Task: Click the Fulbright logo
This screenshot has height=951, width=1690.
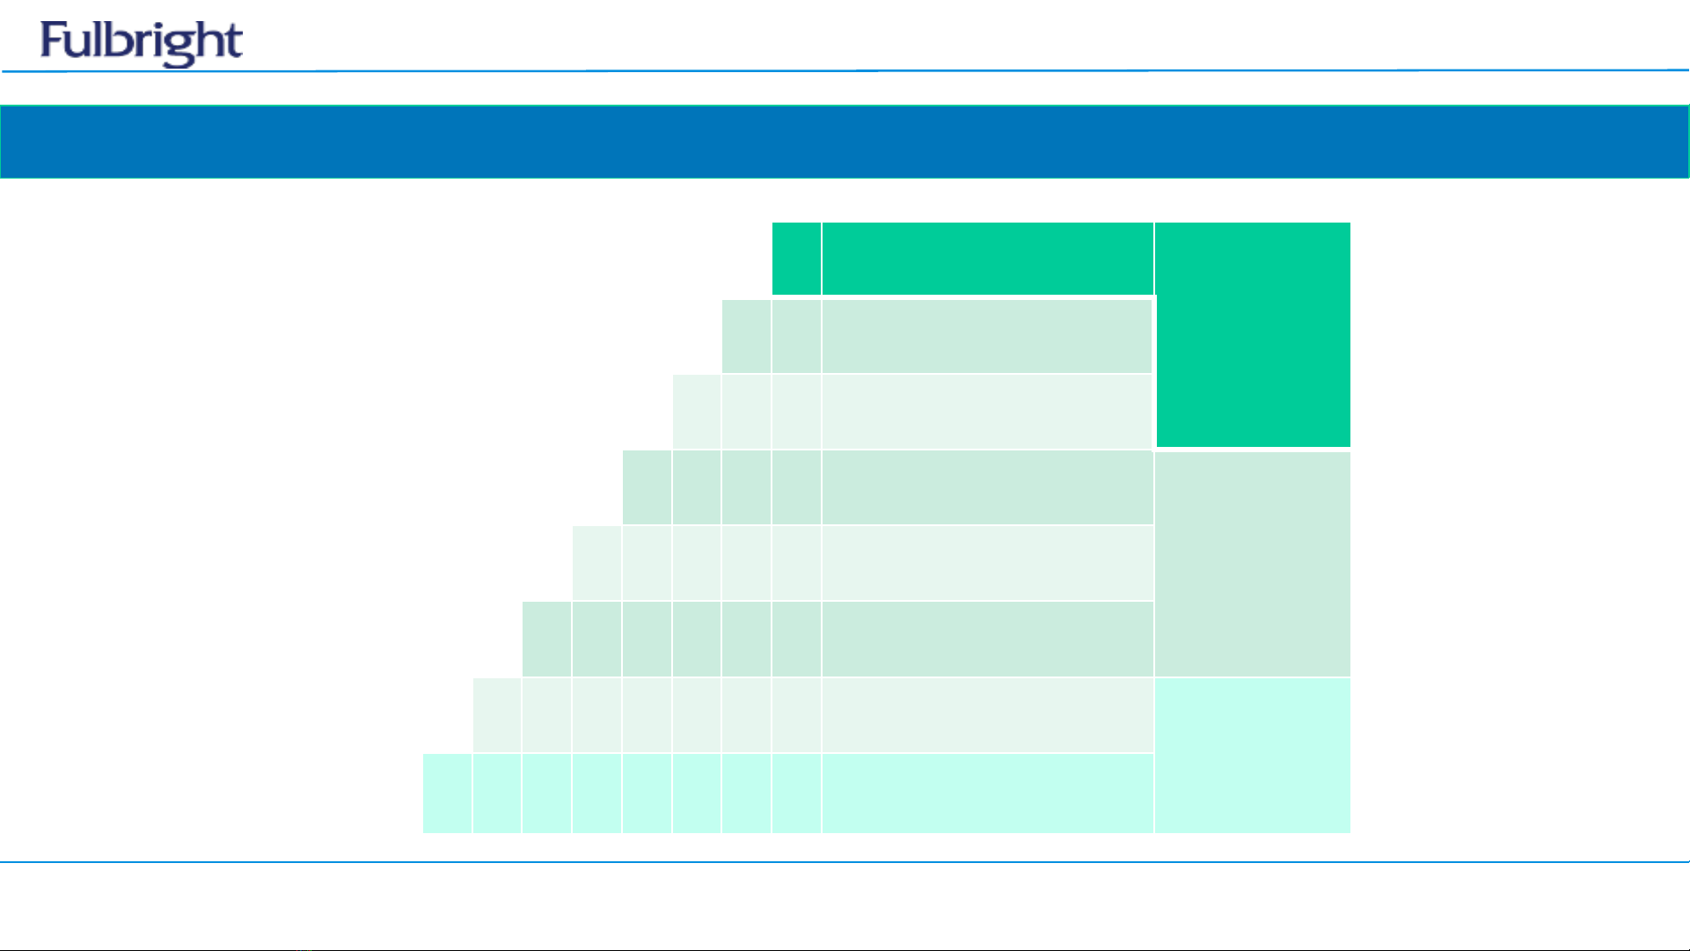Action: (141, 43)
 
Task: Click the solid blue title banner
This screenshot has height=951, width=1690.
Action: (845, 142)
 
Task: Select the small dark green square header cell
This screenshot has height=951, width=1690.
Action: (796, 259)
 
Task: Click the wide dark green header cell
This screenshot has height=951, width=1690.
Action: (987, 259)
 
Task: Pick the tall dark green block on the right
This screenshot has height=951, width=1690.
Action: (1253, 334)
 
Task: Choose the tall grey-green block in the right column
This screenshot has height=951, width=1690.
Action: (1253, 564)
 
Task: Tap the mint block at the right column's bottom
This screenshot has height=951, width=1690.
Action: (1253, 756)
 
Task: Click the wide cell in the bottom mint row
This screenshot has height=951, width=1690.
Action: (987, 794)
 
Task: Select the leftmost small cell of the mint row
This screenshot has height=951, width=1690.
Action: (447, 794)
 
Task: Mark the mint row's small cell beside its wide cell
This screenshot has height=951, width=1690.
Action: (796, 794)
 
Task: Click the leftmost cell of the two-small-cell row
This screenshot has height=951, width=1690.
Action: (746, 336)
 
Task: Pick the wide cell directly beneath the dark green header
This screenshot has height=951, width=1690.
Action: (987, 336)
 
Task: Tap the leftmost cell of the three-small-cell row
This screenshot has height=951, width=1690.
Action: (696, 412)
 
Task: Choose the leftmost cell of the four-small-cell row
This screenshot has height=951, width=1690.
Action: (647, 487)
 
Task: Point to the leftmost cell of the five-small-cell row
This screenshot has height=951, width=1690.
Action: (596, 563)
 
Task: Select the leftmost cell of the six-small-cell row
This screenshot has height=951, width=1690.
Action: (546, 640)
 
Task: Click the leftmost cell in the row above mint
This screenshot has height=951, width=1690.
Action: (497, 715)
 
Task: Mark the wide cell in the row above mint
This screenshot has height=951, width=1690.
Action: (987, 715)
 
